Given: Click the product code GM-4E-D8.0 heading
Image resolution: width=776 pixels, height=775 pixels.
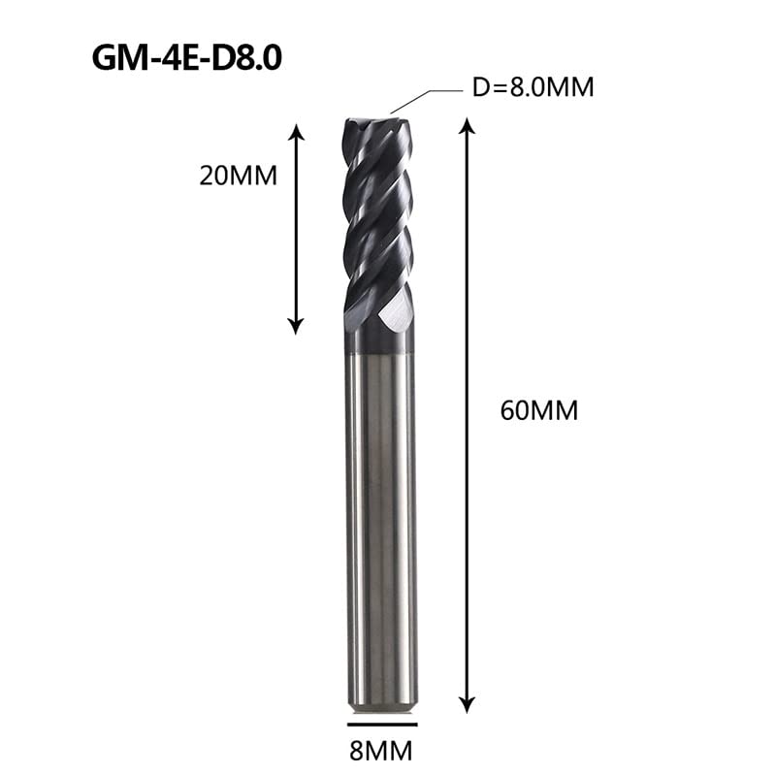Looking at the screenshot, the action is pos(186,58).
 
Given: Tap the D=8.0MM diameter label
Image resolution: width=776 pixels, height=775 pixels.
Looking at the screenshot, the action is pos(533,87).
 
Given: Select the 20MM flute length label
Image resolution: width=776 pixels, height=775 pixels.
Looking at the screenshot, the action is pos(238,176).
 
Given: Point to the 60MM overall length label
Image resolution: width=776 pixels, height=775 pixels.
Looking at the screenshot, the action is pos(539,410).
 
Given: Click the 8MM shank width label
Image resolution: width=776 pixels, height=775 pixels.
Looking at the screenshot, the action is pos(380,751).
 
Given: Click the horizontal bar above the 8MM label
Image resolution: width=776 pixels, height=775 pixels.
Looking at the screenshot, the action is pos(382,725).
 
